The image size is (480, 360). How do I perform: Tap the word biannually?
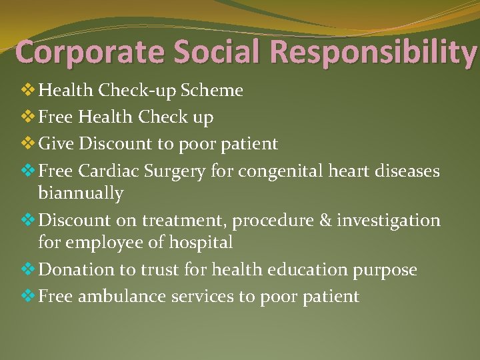81,194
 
